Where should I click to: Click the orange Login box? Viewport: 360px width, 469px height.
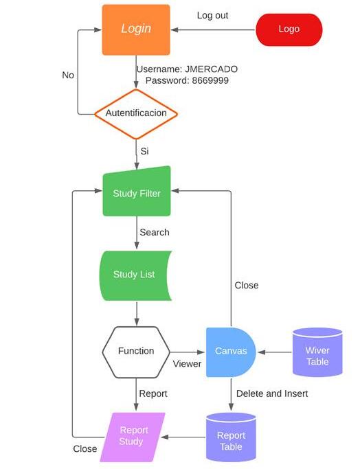(x=136, y=30)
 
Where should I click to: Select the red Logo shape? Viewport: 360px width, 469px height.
(x=289, y=30)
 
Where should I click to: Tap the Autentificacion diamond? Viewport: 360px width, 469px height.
(x=136, y=114)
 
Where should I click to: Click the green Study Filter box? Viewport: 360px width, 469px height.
(x=137, y=192)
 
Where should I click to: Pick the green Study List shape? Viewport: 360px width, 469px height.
(x=135, y=276)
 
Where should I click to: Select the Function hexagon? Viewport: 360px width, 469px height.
(x=136, y=352)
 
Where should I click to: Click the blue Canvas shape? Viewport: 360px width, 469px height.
(x=231, y=352)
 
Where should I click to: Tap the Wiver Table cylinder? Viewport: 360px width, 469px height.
(x=317, y=352)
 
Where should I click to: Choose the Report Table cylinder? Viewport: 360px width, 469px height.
(x=231, y=437)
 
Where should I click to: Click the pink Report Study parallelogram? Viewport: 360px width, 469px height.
(x=133, y=437)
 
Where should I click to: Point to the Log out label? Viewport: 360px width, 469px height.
(x=212, y=16)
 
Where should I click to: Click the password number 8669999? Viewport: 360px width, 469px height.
(x=210, y=80)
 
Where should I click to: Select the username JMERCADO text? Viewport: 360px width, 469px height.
(x=212, y=69)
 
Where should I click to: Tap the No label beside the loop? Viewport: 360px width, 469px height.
(x=68, y=75)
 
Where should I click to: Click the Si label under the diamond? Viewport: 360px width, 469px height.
(x=144, y=151)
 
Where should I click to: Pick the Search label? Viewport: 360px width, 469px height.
(x=155, y=232)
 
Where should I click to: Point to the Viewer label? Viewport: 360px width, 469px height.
(x=187, y=364)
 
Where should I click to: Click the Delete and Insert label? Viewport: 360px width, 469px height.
(x=272, y=393)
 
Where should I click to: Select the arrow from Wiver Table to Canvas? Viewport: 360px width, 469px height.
(x=274, y=352)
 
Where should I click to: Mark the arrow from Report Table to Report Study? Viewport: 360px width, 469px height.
(x=183, y=437)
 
